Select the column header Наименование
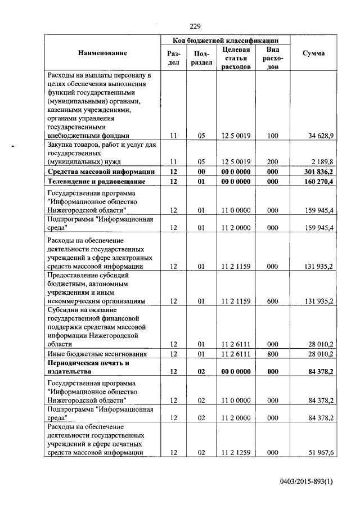[102, 53]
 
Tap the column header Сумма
[313, 53]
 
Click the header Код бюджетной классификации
[226, 40]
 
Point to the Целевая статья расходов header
[236, 58]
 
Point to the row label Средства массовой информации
[101, 172]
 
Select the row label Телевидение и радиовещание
[97, 182]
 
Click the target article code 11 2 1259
[236, 453]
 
